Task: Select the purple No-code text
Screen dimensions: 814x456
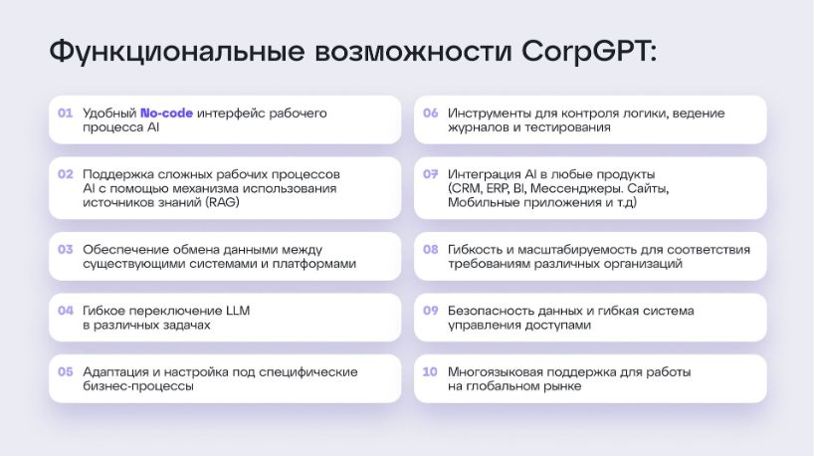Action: pyautogui.click(x=166, y=113)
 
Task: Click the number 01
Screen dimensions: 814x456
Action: pyautogui.click(x=66, y=113)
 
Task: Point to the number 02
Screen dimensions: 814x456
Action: pyautogui.click(x=66, y=174)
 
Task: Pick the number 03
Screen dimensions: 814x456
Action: pyautogui.click(x=66, y=249)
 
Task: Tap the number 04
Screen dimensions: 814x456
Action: pyautogui.click(x=66, y=311)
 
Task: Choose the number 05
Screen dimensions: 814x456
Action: pyautogui.click(x=66, y=371)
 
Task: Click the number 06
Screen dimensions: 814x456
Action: pyautogui.click(x=430, y=113)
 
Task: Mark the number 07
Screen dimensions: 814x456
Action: pyautogui.click(x=430, y=174)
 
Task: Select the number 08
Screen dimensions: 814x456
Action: pyautogui.click(x=430, y=249)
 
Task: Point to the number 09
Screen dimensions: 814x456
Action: pyautogui.click(x=430, y=311)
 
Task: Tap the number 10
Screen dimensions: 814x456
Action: pyautogui.click(x=430, y=371)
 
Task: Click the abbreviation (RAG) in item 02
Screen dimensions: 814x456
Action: pyautogui.click(x=223, y=202)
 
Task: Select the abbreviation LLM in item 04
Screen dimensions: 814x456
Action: pyautogui.click(x=238, y=311)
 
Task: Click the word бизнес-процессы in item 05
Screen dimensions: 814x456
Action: pyautogui.click(x=138, y=386)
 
